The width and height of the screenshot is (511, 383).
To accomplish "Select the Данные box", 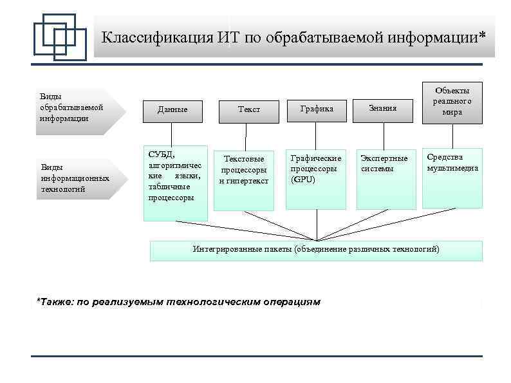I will coord(172,109).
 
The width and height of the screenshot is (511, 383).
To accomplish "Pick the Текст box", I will coord(249,109).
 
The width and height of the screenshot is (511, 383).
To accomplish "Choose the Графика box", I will coord(317,109).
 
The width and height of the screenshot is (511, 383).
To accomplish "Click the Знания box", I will coord(383,108).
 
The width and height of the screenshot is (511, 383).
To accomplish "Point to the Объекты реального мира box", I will coord(452,101).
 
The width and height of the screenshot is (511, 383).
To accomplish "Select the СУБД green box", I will coord(175,183).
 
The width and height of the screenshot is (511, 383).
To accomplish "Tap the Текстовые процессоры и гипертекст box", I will coord(244,180).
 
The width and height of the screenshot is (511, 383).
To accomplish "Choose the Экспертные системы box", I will coord(386,180).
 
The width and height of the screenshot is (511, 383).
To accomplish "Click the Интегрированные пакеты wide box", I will coord(316,250).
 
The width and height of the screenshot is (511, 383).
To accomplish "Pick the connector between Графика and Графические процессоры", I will coord(317,135).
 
